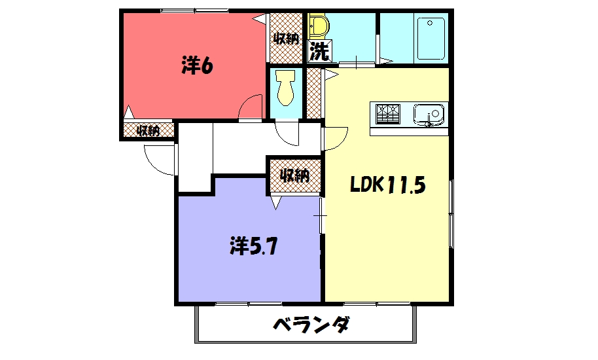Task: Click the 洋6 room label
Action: [197, 65]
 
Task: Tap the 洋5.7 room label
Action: [253, 246]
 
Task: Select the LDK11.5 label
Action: [387, 185]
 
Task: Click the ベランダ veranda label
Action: [311, 325]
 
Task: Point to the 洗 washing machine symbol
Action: [319, 51]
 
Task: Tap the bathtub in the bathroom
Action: [431, 39]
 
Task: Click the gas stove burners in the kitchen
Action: [388, 114]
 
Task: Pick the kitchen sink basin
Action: [429, 115]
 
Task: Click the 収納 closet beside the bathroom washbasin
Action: [286, 38]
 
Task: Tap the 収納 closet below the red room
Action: [149, 130]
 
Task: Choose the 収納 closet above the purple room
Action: [295, 176]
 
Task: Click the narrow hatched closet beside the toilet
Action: [313, 94]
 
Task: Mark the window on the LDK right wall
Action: [451, 213]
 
